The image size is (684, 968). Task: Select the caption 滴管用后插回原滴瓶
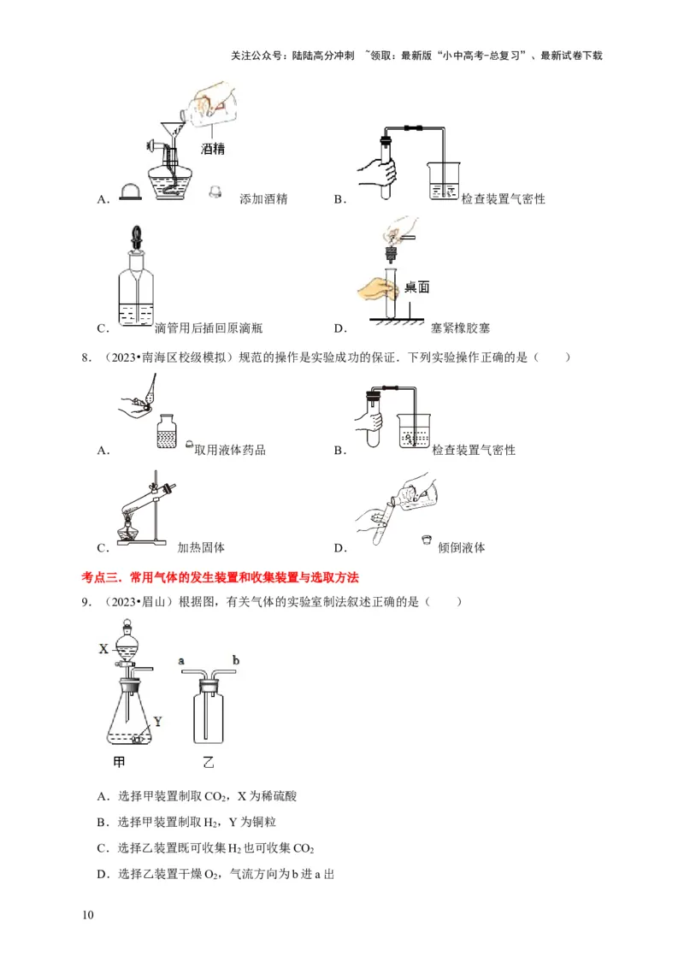pyautogui.click(x=209, y=328)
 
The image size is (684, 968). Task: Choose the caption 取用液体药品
pyautogui.click(x=230, y=450)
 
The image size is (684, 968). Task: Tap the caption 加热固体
pyautogui.click(x=201, y=547)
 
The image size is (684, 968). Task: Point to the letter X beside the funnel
pyautogui.click(x=103, y=648)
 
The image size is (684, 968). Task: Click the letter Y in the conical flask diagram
pyautogui.click(x=158, y=720)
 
